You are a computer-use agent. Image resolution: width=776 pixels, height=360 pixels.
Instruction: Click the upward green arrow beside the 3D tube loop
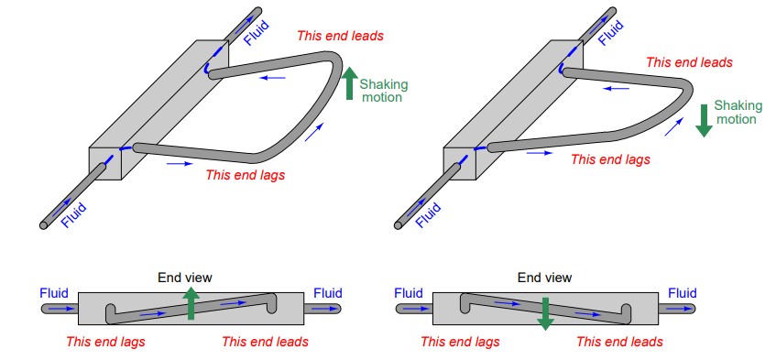tap(349, 83)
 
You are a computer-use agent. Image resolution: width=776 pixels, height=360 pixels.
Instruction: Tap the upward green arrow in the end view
tap(191, 303)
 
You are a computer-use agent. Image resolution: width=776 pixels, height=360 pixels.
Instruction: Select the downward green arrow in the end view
tap(545, 313)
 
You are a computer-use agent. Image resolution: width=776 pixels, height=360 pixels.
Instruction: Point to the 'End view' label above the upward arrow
tap(184, 278)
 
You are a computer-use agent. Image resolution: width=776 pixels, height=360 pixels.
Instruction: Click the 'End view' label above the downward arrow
tap(544, 278)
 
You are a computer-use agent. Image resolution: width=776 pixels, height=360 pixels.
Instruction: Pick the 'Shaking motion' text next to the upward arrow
tap(384, 91)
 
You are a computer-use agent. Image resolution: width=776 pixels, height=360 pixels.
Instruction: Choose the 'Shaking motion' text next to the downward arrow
tap(738, 113)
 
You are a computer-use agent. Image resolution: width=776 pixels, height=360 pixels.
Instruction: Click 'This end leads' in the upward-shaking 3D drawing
tap(340, 36)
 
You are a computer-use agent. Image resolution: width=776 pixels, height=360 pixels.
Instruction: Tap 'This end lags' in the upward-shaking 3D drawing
tap(245, 175)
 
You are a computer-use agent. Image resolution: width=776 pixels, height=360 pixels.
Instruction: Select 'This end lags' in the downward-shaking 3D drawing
tap(610, 159)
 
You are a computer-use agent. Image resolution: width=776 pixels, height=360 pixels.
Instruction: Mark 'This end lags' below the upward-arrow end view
tap(105, 341)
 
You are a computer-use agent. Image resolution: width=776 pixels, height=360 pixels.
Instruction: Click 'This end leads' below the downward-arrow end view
tap(619, 341)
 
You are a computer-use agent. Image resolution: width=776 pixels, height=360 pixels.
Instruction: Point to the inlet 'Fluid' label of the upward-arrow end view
tap(54, 293)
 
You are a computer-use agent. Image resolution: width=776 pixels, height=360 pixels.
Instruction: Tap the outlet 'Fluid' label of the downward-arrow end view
tap(683, 293)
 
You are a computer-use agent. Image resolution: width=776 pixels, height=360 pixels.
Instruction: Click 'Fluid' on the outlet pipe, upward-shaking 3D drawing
tap(257, 33)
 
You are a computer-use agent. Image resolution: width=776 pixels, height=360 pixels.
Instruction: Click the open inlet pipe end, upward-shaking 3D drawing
tap(44, 225)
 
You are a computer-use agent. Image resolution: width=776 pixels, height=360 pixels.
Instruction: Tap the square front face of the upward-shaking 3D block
tap(105, 164)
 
